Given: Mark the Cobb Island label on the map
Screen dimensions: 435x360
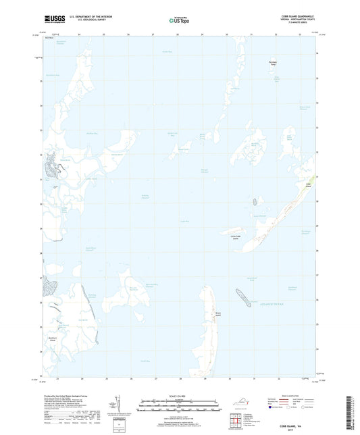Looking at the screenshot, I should [309, 184].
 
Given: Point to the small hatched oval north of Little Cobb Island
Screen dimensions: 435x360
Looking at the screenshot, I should [255, 201].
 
